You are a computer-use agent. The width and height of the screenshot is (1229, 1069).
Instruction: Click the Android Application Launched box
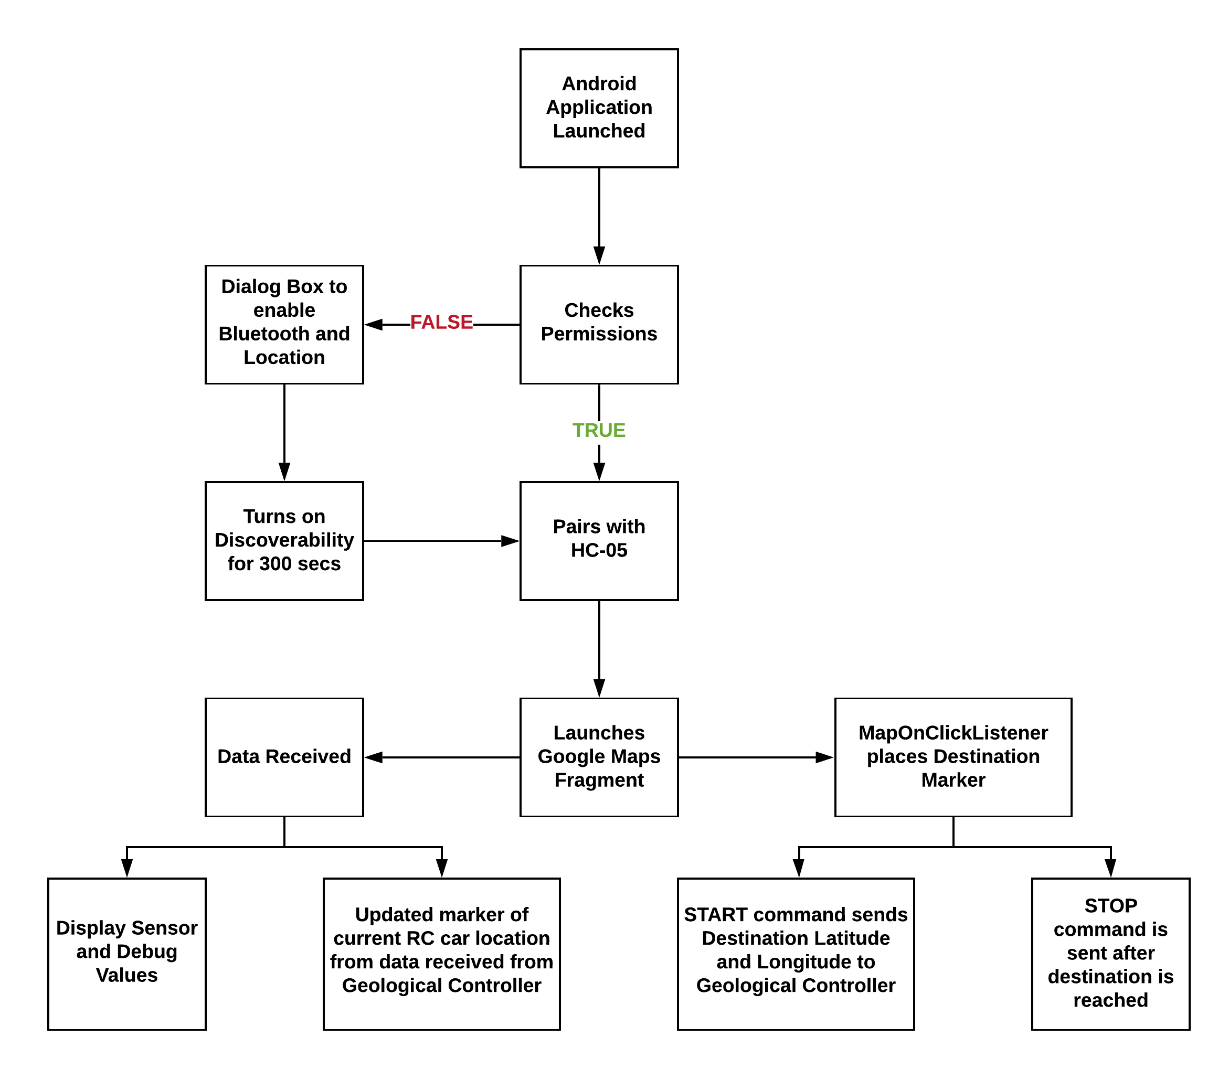click(x=599, y=108)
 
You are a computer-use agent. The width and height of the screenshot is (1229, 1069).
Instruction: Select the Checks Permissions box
click(x=599, y=325)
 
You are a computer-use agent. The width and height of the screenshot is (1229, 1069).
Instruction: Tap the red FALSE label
click(x=441, y=322)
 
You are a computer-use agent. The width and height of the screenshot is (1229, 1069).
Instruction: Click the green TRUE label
click(x=599, y=430)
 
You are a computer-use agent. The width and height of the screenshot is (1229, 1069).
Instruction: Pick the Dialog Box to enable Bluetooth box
click(x=284, y=325)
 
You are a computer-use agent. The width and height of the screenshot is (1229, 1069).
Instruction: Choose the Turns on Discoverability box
click(x=284, y=541)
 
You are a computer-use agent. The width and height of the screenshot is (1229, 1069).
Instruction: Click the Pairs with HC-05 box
click(x=599, y=541)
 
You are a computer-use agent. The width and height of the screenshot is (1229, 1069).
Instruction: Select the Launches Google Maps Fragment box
click(x=599, y=757)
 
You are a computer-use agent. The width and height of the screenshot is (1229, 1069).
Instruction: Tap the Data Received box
click(x=284, y=757)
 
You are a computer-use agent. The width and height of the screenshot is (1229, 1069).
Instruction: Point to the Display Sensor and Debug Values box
click(x=126, y=954)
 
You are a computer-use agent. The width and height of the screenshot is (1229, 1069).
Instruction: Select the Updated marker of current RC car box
click(x=441, y=954)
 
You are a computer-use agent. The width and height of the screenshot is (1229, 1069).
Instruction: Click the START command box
click(x=796, y=954)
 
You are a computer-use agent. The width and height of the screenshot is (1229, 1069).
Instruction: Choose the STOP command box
click(x=1110, y=954)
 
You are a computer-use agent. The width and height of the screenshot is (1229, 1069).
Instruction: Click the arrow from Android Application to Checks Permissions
click(x=599, y=217)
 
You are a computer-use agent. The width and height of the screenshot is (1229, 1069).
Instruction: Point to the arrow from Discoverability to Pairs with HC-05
click(x=442, y=541)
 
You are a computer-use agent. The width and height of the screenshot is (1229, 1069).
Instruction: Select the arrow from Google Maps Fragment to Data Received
click(x=442, y=757)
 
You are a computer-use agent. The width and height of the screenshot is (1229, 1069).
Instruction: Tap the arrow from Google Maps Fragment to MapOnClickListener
click(x=756, y=757)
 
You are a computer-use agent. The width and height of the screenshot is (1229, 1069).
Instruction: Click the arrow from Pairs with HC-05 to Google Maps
click(x=599, y=649)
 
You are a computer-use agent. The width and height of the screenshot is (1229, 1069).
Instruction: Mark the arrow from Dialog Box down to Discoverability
click(x=284, y=433)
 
